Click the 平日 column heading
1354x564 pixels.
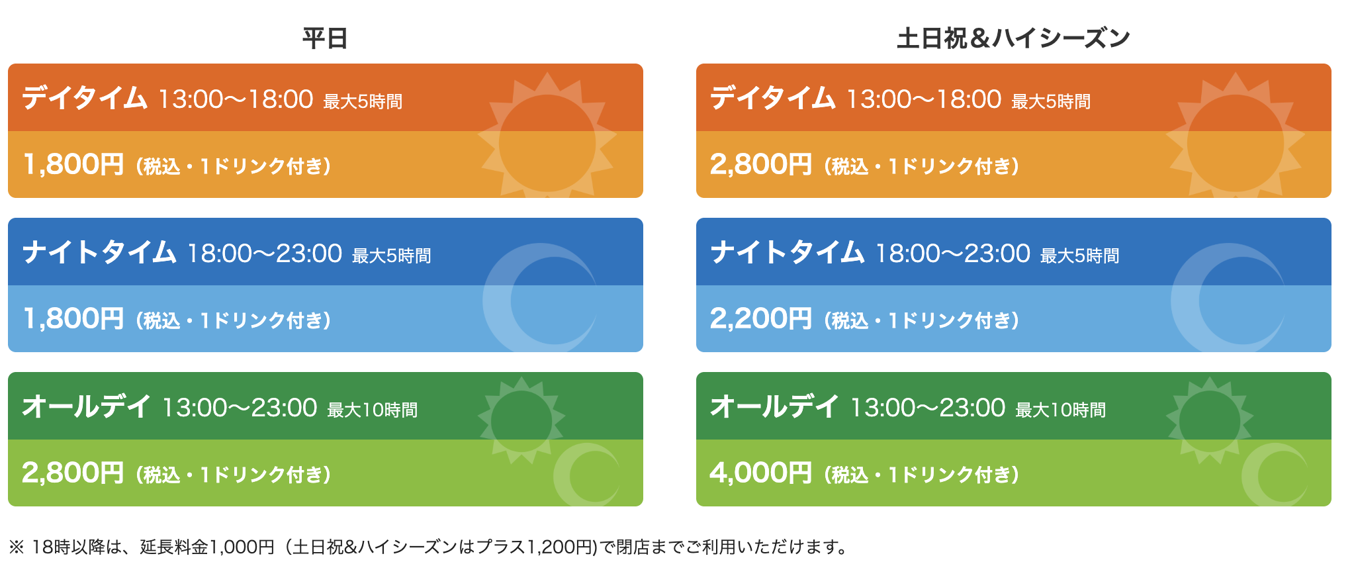325,38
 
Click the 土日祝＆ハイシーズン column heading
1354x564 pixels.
1013,38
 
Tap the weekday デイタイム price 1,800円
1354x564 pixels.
73,164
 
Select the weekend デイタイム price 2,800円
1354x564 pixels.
761,164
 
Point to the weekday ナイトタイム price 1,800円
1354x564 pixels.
73,318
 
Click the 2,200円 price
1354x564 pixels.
761,318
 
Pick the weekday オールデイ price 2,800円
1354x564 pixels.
73,473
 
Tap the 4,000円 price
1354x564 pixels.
761,473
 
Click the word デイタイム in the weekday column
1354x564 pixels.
85,98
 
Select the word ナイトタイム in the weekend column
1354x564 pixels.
788,252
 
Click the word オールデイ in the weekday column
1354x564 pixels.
87,406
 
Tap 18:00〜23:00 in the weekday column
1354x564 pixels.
265,254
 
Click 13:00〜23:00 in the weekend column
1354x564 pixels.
928,408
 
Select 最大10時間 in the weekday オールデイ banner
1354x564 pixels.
373,410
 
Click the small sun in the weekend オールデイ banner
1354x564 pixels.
1210,421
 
